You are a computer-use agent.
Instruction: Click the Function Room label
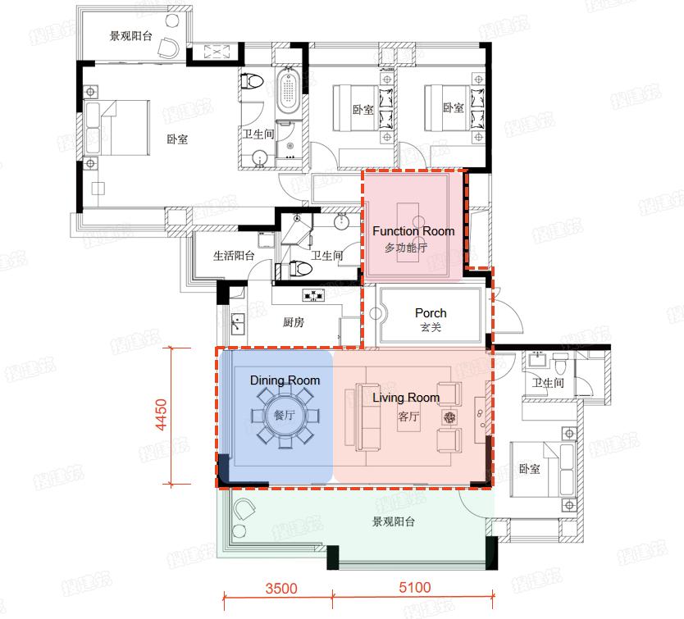tap(413, 231)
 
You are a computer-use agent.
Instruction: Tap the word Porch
tap(431, 312)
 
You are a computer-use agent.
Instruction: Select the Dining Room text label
tap(285, 380)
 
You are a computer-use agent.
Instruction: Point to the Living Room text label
tap(406, 398)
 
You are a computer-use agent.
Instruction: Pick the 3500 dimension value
tap(280, 588)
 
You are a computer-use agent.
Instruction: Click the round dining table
tap(284, 416)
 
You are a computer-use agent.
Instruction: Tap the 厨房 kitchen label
tap(294, 322)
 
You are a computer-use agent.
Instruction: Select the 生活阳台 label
tap(234, 256)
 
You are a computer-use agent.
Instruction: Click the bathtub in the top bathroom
tap(287, 95)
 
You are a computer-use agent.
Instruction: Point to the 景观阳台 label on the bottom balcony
tap(393, 521)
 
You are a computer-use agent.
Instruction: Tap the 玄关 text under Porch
tap(431, 328)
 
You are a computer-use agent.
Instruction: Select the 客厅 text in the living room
tap(408, 416)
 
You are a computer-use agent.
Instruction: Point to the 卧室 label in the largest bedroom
tap(176, 139)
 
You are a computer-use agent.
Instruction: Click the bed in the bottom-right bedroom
tap(541, 470)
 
